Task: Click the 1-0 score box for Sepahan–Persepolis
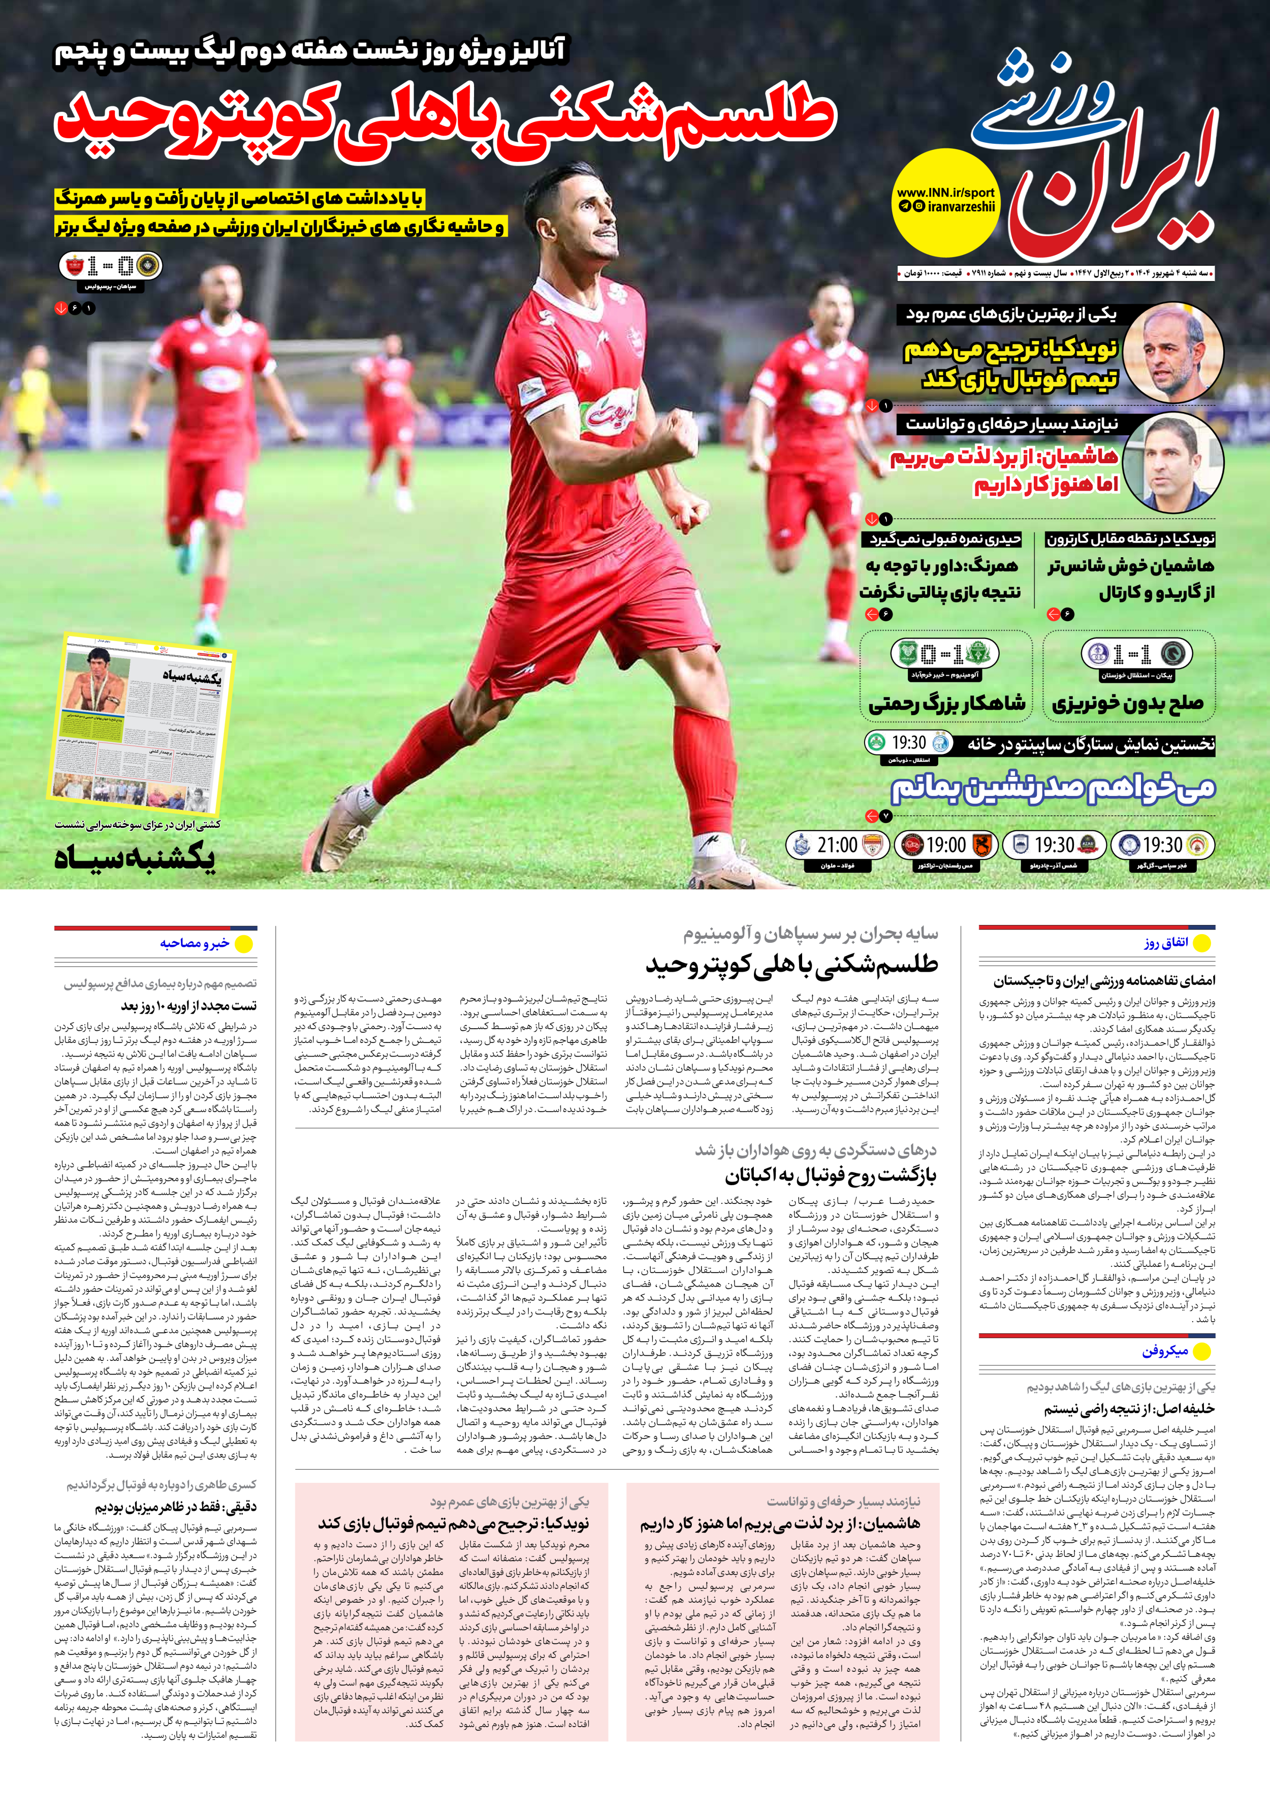click(x=111, y=266)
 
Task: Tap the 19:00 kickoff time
click(x=945, y=845)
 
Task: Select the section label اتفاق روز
click(x=1166, y=942)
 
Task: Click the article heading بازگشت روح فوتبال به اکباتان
click(x=830, y=1175)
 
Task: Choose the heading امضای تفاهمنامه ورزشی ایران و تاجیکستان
click(x=1104, y=980)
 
